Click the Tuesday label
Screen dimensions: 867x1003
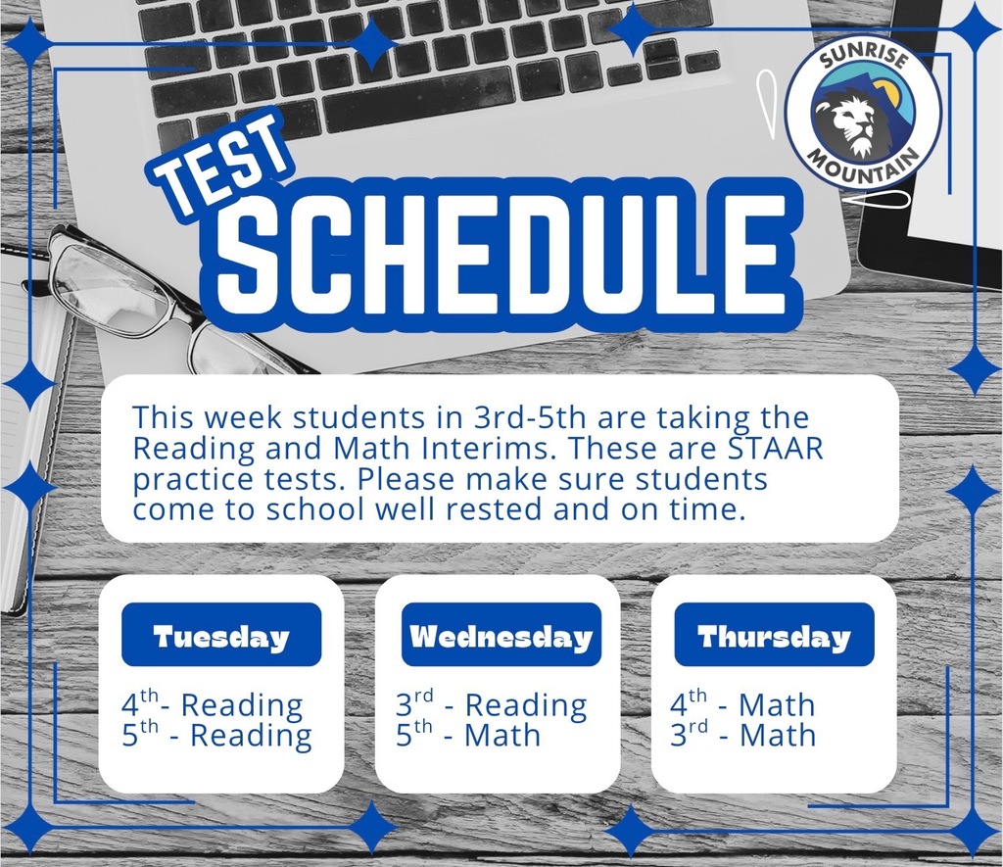[221, 636]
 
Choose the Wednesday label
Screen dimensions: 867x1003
[501, 636]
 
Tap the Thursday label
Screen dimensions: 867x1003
[774, 636]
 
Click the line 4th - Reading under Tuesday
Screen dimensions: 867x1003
[213, 704]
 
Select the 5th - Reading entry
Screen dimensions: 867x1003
[216, 736]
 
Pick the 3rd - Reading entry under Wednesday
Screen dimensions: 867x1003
[491, 704]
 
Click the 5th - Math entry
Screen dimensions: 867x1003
[467, 735]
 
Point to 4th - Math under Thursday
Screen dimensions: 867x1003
[742, 704]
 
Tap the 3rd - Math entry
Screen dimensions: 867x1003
[742, 735]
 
